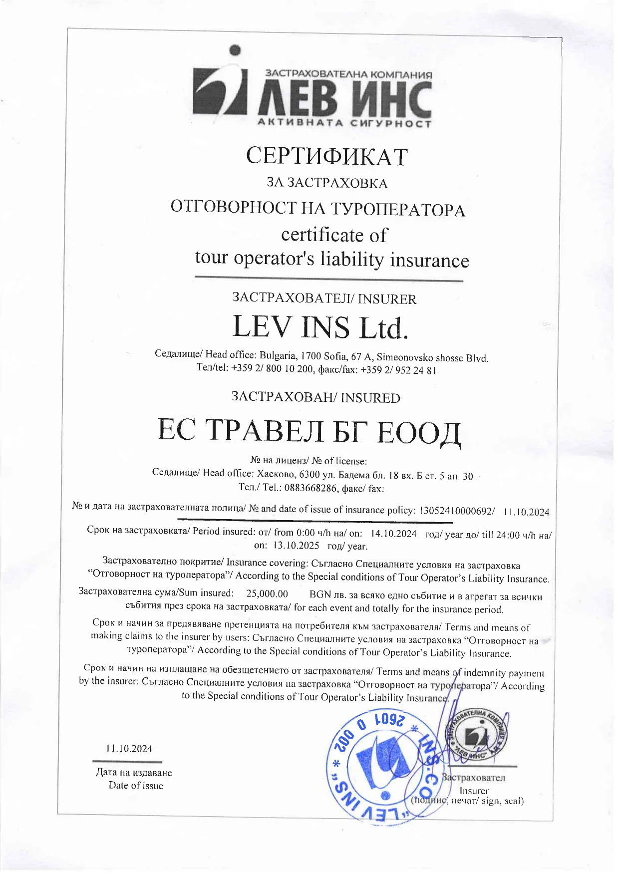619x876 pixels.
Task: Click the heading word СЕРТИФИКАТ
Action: (326, 156)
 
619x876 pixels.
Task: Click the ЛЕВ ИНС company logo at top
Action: (312, 95)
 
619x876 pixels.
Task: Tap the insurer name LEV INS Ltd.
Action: (320, 327)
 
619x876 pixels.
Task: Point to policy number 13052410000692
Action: (456, 511)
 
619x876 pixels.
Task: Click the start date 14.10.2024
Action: (393, 534)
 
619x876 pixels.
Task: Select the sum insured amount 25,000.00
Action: (267, 593)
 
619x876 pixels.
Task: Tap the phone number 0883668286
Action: (310, 488)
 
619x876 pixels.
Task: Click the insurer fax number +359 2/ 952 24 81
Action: (398, 370)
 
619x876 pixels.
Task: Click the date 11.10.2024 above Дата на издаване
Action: (129, 749)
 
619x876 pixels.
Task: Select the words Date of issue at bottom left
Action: (136, 786)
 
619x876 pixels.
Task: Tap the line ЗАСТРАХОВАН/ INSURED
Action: (315, 397)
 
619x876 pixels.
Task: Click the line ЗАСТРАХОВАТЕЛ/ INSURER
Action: (324, 298)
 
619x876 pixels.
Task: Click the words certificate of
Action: (333, 235)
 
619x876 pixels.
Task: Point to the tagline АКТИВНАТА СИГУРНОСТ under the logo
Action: (344, 123)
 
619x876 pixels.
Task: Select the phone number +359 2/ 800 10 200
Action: (272, 369)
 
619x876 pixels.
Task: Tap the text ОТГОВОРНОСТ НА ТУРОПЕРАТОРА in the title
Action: (317, 208)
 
